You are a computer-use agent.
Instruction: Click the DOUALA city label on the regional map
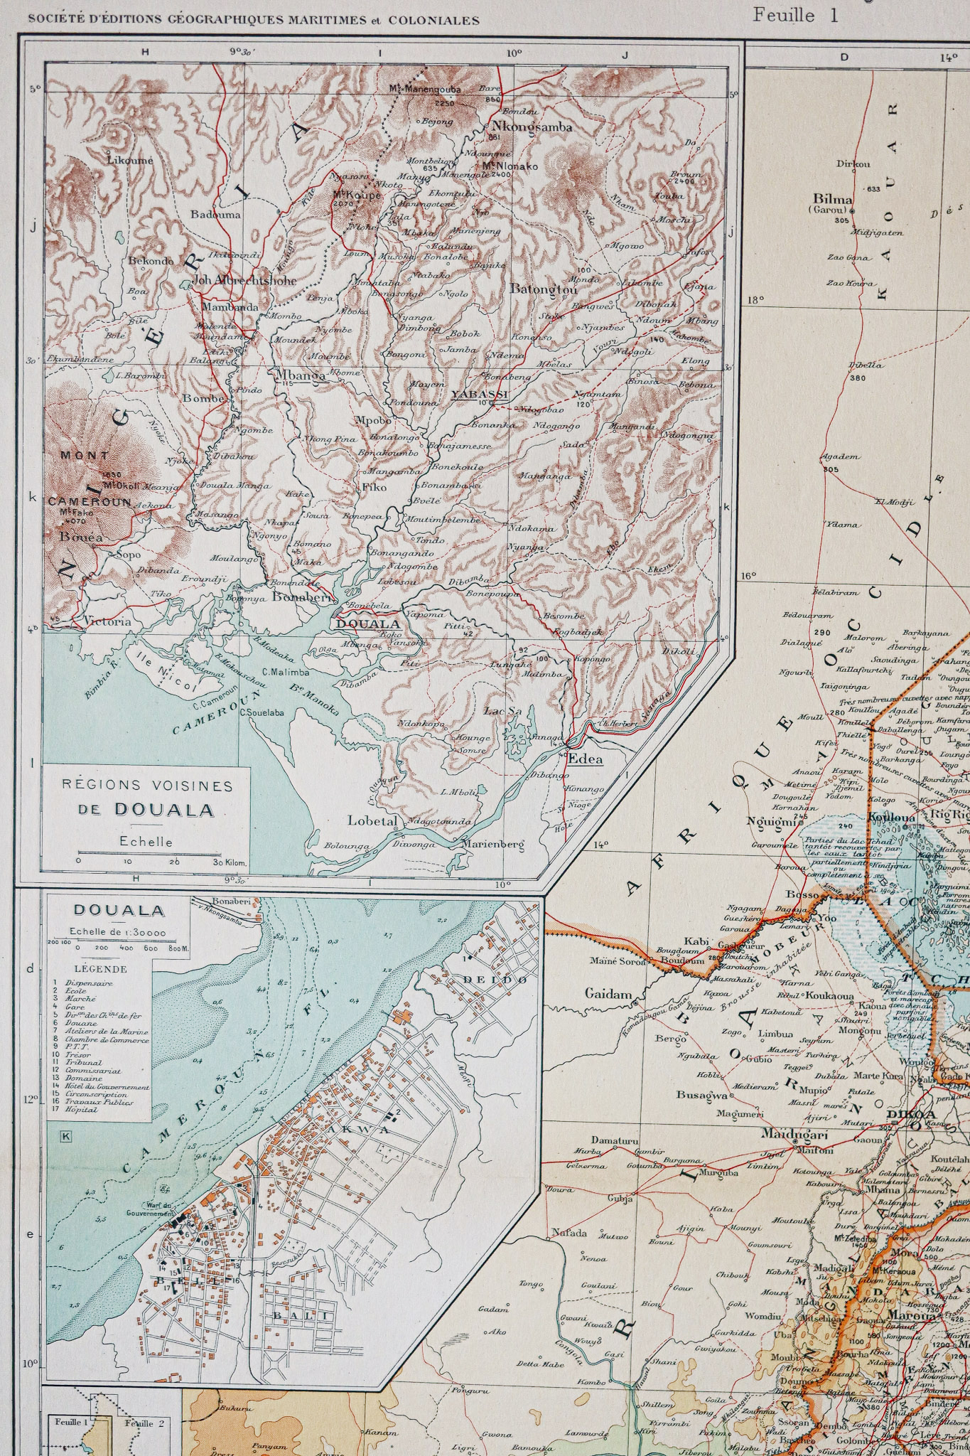367,624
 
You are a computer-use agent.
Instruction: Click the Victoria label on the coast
107,621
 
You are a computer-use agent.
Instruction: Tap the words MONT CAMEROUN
87,478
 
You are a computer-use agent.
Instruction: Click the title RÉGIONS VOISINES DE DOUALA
146,797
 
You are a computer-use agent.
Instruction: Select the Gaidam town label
608,994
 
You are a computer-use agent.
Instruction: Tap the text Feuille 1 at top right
795,15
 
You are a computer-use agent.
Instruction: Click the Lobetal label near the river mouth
372,820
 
